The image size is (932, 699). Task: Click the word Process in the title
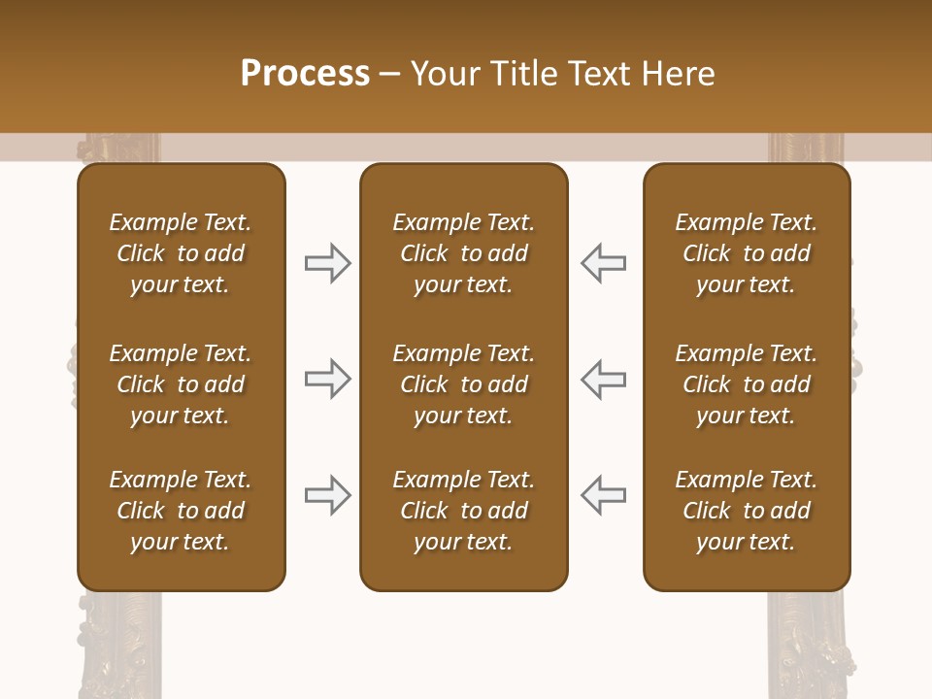pyautogui.click(x=305, y=74)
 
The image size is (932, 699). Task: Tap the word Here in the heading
pyautogui.click(x=676, y=74)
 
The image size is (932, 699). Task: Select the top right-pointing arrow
pyautogui.click(x=327, y=262)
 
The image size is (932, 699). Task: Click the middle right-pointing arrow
pyautogui.click(x=327, y=378)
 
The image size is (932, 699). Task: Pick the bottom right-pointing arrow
pyautogui.click(x=327, y=494)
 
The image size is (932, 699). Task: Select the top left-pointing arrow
pyautogui.click(x=604, y=262)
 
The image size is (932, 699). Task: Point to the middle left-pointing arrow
pyautogui.click(x=604, y=378)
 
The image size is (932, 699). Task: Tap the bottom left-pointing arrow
pyautogui.click(x=604, y=494)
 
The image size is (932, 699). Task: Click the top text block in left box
pyautogui.click(x=181, y=253)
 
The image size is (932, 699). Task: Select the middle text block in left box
pyautogui.click(x=181, y=384)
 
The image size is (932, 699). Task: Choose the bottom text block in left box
pyautogui.click(x=181, y=511)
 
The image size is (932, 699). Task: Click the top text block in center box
pyautogui.click(x=463, y=253)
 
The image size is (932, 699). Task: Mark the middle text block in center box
pyautogui.click(x=463, y=384)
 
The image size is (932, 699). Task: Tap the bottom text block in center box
pyautogui.click(x=463, y=511)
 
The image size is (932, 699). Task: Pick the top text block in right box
pyautogui.click(x=747, y=253)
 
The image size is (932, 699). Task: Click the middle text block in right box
pyautogui.click(x=747, y=384)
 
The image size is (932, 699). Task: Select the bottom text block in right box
pyautogui.click(x=747, y=511)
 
